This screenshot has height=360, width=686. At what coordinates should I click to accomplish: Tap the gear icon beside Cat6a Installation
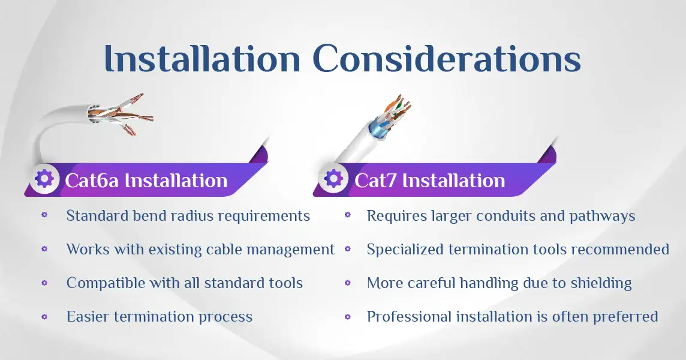tap(44, 179)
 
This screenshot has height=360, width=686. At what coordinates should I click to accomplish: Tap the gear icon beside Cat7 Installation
tap(333, 179)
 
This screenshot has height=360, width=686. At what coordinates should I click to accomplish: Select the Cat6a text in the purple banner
tap(92, 181)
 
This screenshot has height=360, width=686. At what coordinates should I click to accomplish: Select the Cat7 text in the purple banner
tap(375, 181)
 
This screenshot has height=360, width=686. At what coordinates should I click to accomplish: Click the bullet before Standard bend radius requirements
tap(44, 215)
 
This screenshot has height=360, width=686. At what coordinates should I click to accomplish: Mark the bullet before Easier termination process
tap(44, 316)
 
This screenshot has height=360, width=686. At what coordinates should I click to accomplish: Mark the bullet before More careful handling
tap(348, 283)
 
